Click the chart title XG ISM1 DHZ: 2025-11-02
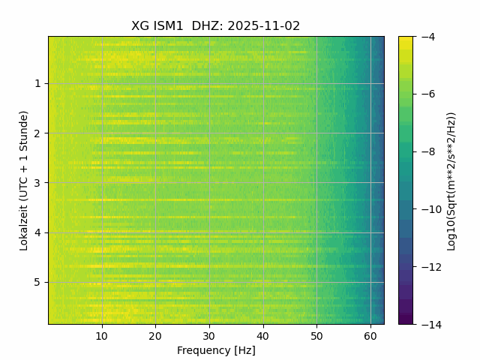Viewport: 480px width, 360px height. (216, 25)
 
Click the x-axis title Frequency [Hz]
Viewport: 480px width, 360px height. (216, 350)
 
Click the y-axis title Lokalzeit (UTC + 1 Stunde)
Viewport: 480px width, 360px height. (24, 180)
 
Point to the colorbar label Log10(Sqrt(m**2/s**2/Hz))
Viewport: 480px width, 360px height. (451, 180)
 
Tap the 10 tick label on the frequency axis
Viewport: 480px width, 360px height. (103, 336)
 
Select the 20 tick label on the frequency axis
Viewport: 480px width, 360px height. (156, 336)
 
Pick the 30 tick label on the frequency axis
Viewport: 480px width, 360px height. (209, 336)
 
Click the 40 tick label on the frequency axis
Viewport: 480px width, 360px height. (263, 336)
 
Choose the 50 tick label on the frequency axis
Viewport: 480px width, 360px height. (316, 336)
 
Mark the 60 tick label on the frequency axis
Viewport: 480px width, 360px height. (370, 336)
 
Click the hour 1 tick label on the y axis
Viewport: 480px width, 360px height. (37, 84)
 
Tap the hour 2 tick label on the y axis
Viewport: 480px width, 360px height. (37, 133)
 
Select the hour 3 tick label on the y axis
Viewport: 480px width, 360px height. (37, 183)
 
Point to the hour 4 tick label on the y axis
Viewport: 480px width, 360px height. (37, 232)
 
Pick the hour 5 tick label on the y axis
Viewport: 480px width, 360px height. (37, 282)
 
